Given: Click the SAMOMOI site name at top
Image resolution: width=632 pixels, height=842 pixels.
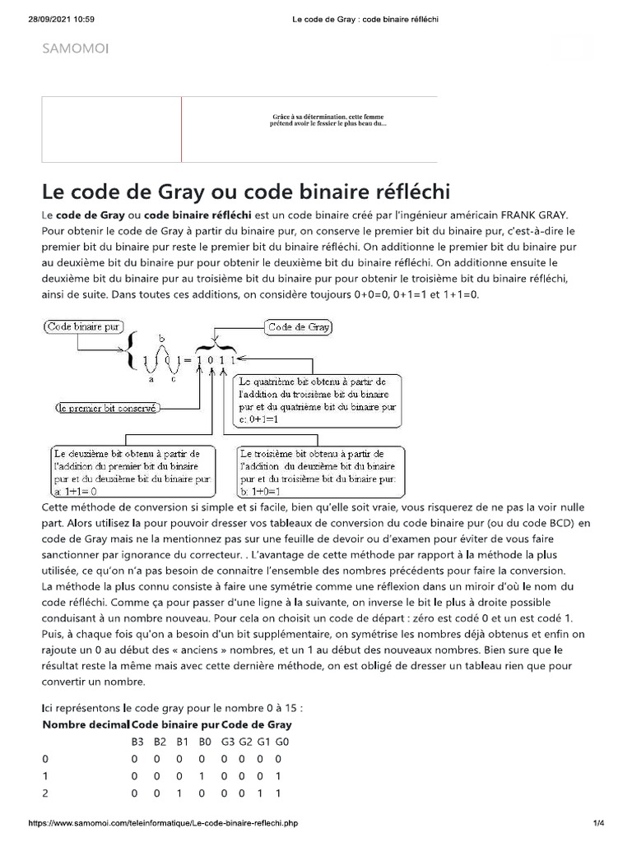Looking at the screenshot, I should click(x=75, y=49).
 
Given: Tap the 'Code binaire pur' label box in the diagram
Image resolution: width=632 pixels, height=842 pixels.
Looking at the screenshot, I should click(x=83, y=326).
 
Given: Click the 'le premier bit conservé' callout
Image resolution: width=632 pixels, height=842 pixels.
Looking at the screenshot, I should click(x=106, y=407).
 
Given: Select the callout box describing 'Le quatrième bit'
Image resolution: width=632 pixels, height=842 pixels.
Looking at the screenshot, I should click(x=318, y=400).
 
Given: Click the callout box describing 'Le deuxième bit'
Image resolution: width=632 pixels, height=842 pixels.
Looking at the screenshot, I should click(x=133, y=471).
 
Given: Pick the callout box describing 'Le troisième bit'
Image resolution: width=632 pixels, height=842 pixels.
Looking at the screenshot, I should click(x=320, y=471).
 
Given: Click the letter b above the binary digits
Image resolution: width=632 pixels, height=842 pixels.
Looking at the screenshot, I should click(x=161, y=338).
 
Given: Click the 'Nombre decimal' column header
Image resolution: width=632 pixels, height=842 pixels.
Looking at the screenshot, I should click(x=86, y=724).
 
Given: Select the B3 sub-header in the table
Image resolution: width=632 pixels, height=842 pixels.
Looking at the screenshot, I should click(x=137, y=742).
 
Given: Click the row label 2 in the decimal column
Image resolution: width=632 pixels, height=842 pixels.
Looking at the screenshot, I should click(x=45, y=793).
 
